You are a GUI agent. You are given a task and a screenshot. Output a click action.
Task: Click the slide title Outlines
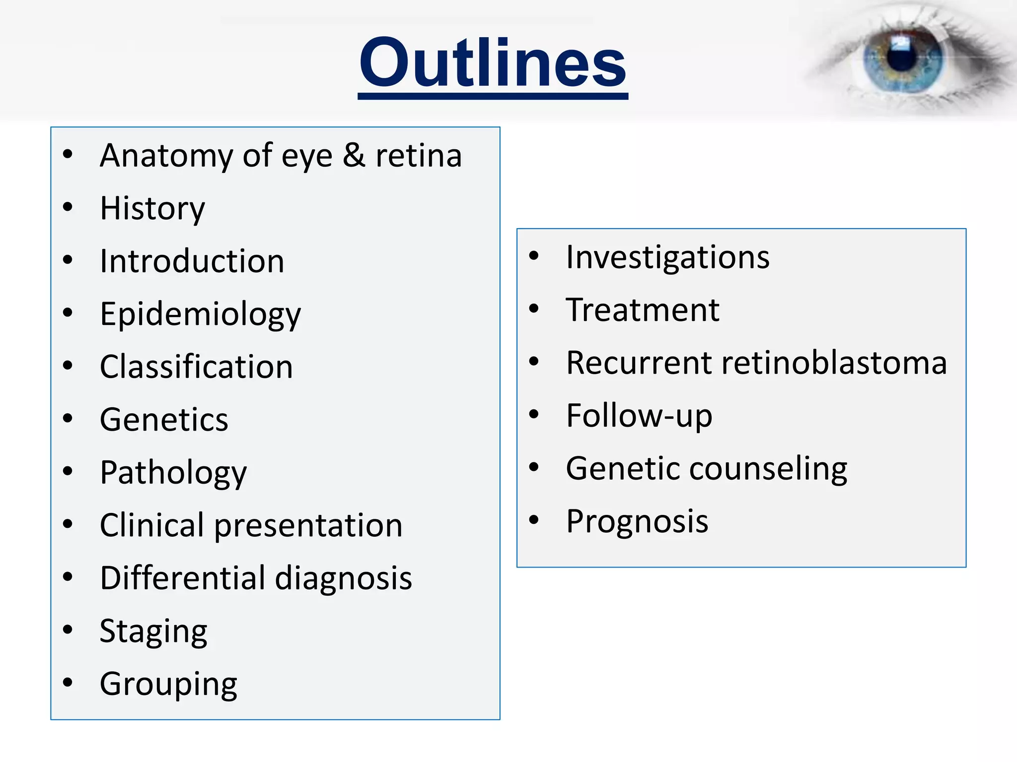point(493,63)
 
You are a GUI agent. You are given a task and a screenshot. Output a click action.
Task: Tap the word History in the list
point(152,208)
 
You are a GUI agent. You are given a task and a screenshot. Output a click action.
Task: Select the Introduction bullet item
point(192,261)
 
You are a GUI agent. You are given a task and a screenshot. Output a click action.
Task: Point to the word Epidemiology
point(200,315)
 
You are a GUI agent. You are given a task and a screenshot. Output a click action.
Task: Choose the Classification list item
point(196,367)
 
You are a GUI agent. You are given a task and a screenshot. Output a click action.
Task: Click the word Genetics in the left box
point(164,420)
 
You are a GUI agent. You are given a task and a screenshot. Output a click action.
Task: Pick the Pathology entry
point(173,473)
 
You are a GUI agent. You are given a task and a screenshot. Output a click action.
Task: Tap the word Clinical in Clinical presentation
point(152,525)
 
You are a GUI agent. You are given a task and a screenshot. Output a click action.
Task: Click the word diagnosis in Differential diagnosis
point(344,578)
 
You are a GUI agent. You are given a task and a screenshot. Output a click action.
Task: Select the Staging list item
point(153,632)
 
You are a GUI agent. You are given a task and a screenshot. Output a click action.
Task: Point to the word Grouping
point(168,685)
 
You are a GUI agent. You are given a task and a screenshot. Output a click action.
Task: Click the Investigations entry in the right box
point(667,258)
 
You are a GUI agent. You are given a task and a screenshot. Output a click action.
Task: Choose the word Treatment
point(643,311)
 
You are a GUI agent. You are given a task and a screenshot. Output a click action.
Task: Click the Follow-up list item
point(639,416)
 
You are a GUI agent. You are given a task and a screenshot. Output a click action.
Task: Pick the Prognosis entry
point(637,521)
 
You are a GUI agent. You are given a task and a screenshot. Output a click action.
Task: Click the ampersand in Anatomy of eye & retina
point(354,156)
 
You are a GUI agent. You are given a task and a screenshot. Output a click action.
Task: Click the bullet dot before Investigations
point(534,256)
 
